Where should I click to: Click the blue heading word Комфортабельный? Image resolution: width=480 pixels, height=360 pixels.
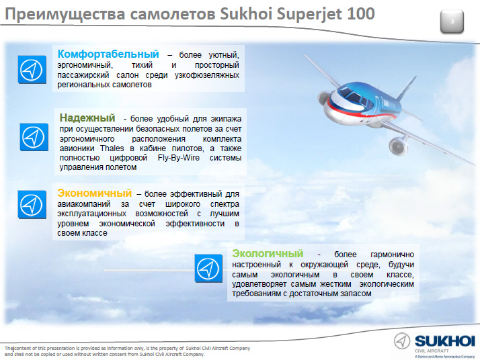click(x=108, y=54)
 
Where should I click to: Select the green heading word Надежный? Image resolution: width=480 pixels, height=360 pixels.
click(x=87, y=118)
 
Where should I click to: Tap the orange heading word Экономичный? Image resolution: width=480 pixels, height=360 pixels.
click(x=95, y=193)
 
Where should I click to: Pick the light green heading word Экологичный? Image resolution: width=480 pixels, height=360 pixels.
click(x=268, y=254)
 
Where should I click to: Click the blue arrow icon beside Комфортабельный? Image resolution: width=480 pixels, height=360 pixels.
click(x=32, y=69)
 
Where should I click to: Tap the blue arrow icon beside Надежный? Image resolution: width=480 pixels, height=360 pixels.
click(x=34, y=137)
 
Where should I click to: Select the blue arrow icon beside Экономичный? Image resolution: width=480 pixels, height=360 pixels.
click(x=32, y=204)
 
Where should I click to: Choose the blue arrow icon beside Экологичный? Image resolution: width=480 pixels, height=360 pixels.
click(x=208, y=268)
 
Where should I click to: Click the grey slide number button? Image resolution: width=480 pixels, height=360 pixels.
click(x=452, y=21)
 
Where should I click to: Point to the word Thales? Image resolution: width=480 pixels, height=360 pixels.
click(x=112, y=148)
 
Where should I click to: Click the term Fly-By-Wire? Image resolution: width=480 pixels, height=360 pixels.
click(x=178, y=158)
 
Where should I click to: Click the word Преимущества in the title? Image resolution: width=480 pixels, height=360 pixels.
click(x=65, y=15)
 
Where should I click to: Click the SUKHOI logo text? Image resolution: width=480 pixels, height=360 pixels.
click(x=445, y=341)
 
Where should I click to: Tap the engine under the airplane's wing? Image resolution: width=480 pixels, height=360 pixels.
click(x=398, y=145)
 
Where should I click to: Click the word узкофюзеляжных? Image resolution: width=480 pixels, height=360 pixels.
click(x=207, y=75)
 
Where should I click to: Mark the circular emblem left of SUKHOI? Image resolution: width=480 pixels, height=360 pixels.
click(x=402, y=341)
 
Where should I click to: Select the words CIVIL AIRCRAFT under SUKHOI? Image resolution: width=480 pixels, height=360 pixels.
click(x=432, y=351)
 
